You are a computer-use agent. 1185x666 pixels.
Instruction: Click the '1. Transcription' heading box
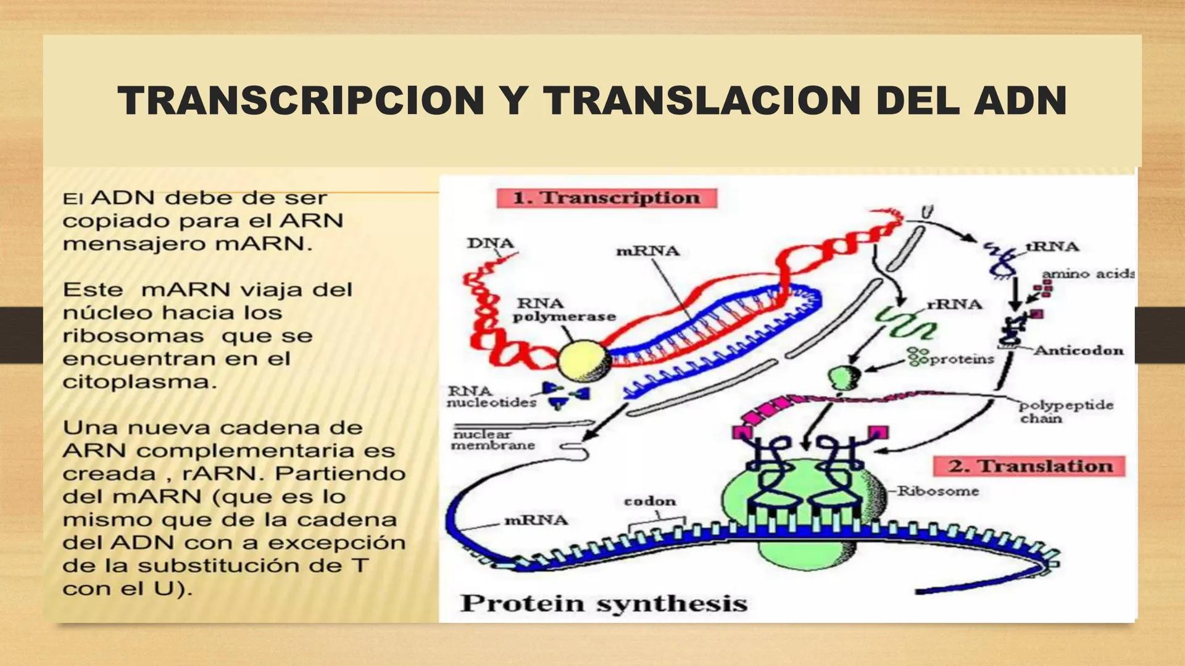pyautogui.click(x=606, y=198)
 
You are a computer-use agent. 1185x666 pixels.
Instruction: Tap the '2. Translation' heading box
pyautogui.click(x=1029, y=466)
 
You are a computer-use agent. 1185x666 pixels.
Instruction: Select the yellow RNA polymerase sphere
pyautogui.click(x=584, y=361)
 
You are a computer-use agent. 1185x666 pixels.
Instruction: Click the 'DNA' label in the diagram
pyautogui.click(x=490, y=243)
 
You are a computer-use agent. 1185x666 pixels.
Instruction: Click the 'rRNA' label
pyautogui.click(x=954, y=304)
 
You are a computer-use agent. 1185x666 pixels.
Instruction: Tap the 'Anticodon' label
pyautogui.click(x=1078, y=350)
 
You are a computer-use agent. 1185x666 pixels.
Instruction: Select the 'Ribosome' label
pyautogui.click(x=938, y=491)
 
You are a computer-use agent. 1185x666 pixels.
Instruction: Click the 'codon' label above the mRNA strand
pyautogui.click(x=650, y=501)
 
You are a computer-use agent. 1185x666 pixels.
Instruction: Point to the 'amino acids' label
pyautogui.click(x=1087, y=273)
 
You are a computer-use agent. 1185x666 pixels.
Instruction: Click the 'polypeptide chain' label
pyautogui.click(x=1065, y=411)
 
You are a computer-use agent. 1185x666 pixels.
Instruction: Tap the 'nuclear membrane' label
pyautogui.click(x=493, y=440)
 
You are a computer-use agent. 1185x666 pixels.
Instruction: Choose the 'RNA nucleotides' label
pyautogui.click(x=491, y=397)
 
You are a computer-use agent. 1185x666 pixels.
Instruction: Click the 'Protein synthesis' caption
pyautogui.click(x=604, y=602)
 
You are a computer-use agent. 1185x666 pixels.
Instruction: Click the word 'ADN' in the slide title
pyautogui.click(x=1020, y=101)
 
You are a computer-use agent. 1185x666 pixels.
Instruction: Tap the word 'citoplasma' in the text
pyautogui.click(x=139, y=382)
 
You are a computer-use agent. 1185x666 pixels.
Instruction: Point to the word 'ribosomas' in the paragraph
pyautogui.click(x=133, y=336)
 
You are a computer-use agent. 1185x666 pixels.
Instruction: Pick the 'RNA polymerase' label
pyautogui.click(x=563, y=310)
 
